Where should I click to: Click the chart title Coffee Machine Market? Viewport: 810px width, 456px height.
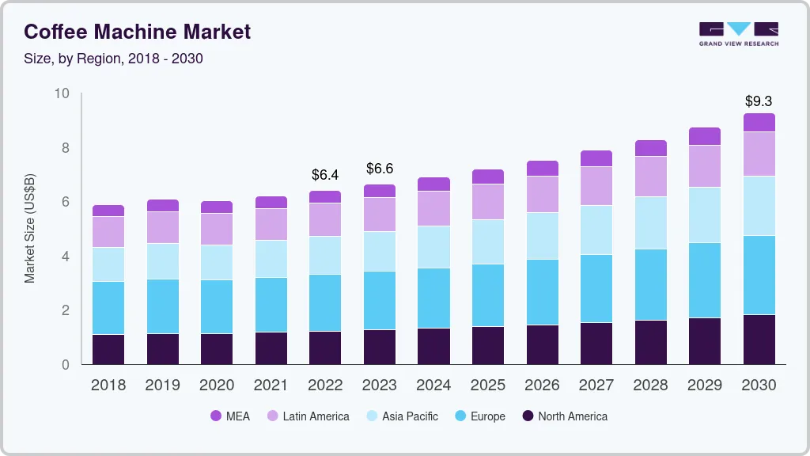138,32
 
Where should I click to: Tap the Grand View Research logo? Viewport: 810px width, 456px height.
738,34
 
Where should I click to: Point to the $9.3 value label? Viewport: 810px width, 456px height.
759,101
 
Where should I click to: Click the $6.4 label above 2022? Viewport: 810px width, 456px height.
325,174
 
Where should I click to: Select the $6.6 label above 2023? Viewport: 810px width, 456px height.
380,169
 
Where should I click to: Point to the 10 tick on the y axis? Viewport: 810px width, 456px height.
62,94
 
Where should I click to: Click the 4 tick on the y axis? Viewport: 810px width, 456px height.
66,256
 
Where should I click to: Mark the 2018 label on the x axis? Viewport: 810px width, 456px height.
108,386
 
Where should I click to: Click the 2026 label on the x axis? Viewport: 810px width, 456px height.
543,386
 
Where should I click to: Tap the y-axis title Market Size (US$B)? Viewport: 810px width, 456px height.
30,230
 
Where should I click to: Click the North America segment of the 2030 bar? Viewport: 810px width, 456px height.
759,340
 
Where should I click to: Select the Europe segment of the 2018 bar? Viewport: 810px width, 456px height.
108,308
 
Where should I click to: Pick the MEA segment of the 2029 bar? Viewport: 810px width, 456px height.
705,136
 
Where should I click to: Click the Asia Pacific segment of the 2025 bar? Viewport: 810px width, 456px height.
488,241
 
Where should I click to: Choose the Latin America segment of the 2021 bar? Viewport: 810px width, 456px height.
271,224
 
